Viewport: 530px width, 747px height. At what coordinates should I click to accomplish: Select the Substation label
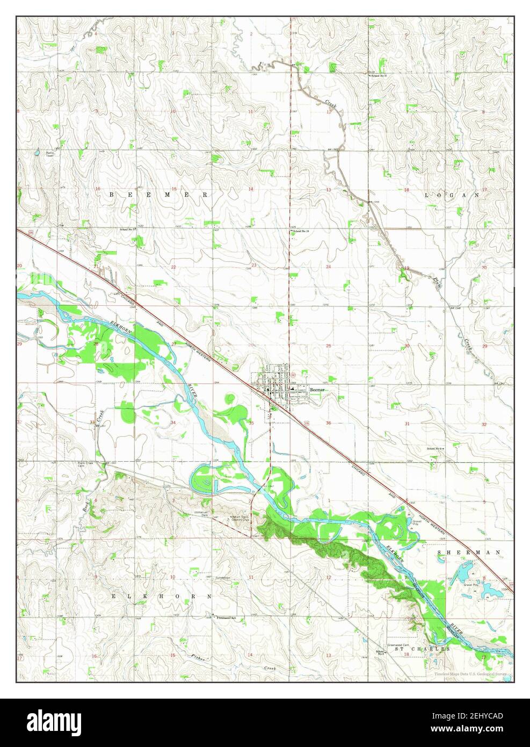(223, 578)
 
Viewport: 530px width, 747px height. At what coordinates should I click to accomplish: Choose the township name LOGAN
(451, 195)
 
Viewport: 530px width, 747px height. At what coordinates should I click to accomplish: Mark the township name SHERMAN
(469, 552)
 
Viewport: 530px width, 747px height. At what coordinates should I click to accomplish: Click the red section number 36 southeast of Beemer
(328, 424)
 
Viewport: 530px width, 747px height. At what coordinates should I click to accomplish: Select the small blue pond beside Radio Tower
(37, 153)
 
